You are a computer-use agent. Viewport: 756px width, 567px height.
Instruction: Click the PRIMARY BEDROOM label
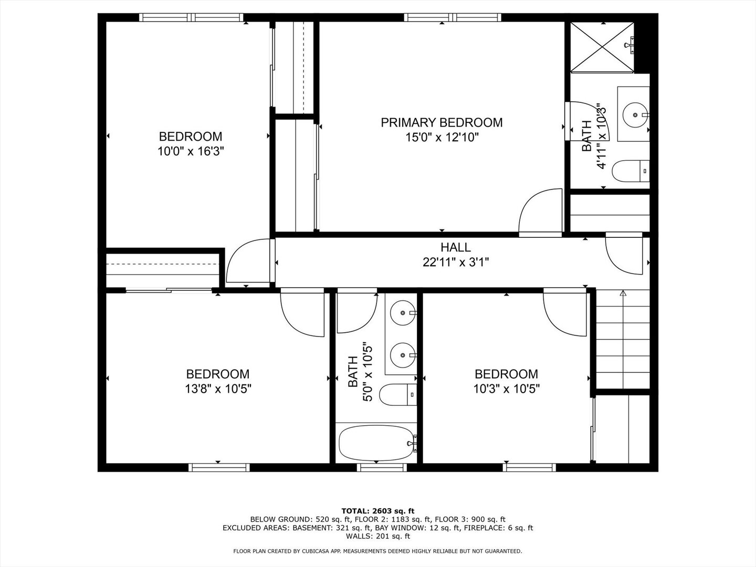442,122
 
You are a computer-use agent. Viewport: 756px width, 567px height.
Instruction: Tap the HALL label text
455,247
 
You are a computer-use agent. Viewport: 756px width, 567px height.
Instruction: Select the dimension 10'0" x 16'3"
191,152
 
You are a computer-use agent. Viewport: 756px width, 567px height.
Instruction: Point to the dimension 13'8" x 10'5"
218,389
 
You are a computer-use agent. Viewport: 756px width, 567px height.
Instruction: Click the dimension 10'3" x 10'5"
506,389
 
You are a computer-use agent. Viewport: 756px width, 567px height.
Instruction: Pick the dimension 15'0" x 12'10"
442,138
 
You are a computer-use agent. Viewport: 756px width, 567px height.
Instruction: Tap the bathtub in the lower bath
376,443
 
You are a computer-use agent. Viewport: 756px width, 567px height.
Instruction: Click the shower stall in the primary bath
602,46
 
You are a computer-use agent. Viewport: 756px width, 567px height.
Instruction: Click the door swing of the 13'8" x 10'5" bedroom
301,313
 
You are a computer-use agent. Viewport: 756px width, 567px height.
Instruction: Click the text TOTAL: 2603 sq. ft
377,510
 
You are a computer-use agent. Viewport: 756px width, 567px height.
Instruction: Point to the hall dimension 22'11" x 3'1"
455,262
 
